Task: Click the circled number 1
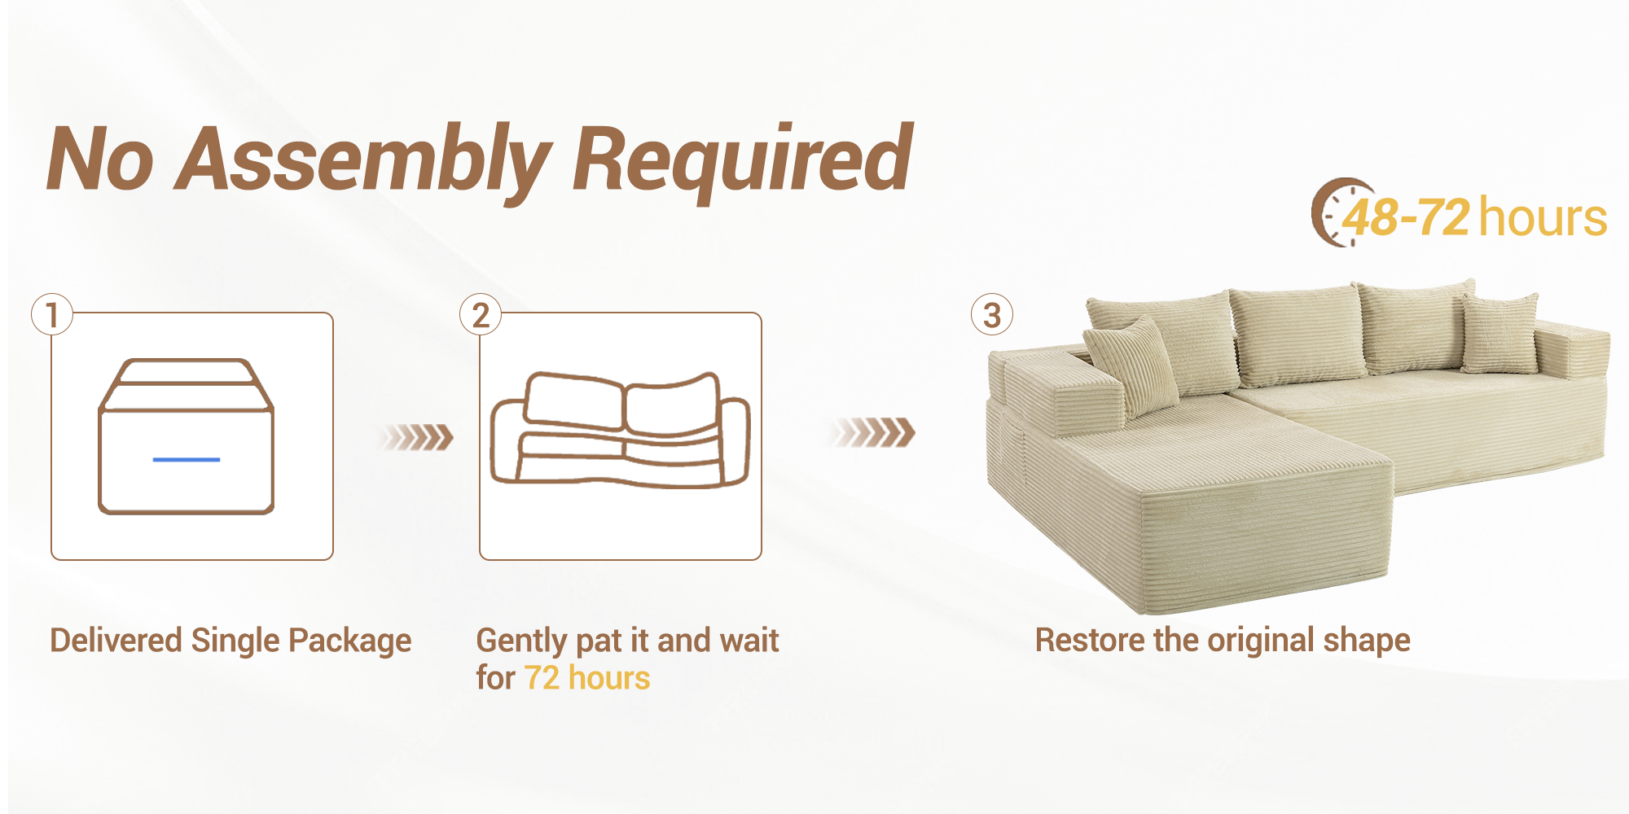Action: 52,315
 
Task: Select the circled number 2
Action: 481,315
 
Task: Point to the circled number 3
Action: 991,315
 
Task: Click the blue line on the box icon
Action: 187,460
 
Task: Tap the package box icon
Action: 187,436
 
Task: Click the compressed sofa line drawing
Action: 620,430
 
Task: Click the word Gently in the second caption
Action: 521,641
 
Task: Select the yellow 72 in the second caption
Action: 542,678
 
